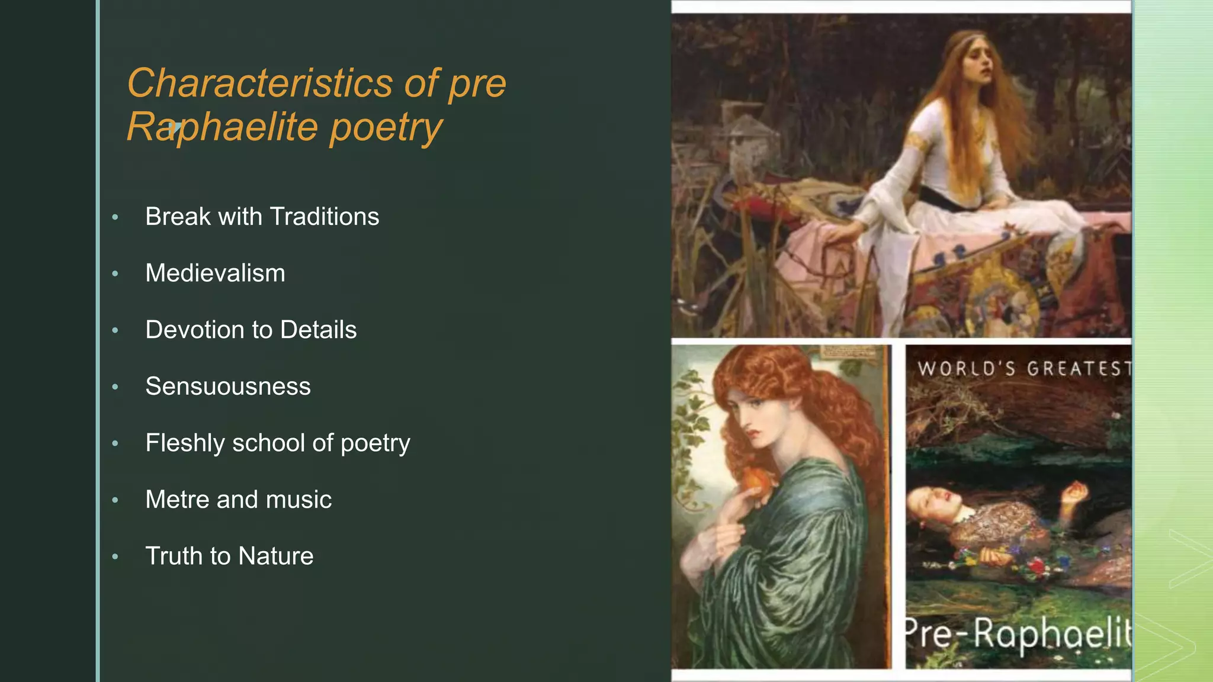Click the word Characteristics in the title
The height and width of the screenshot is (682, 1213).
(x=259, y=83)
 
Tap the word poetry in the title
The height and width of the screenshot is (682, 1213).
(x=386, y=127)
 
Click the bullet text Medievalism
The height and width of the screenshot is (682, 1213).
(x=215, y=274)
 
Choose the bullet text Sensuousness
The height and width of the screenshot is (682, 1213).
(x=228, y=387)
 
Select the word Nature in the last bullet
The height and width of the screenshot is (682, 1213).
(x=276, y=556)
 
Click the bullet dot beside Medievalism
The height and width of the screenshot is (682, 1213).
(x=115, y=274)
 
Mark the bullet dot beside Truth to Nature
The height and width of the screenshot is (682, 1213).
(x=115, y=556)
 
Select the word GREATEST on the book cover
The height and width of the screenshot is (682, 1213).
(x=1079, y=369)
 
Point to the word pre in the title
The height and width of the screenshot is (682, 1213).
(x=477, y=84)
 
